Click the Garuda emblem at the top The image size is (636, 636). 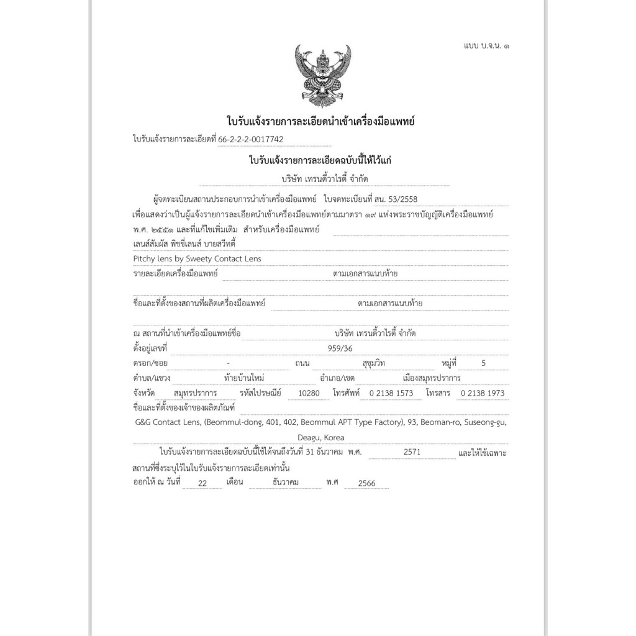pyautogui.click(x=322, y=75)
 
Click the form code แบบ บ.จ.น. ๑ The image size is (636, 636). pyautogui.click(x=488, y=46)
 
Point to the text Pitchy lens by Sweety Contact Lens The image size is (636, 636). pyautogui.click(x=197, y=258)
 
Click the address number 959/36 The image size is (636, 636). pyautogui.click(x=340, y=348)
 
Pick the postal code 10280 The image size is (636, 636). pyautogui.click(x=309, y=393)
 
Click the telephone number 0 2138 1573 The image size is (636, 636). pyautogui.click(x=391, y=393)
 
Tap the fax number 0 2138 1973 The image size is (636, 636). pyautogui.click(x=482, y=393)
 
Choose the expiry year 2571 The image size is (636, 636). pyautogui.click(x=412, y=452)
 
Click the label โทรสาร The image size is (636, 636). pyautogui.click(x=438, y=393)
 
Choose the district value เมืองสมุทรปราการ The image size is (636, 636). pyautogui.click(x=432, y=378)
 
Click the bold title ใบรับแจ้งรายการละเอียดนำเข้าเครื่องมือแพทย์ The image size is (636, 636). pyautogui.click(x=321, y=120)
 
